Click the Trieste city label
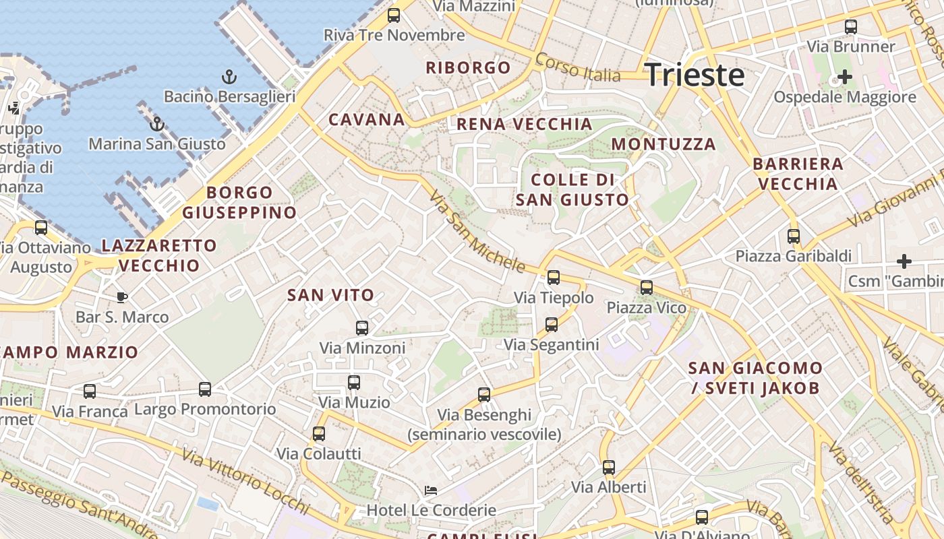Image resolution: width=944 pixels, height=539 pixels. point(695,74)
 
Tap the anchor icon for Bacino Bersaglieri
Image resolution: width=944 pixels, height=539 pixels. point(229,77)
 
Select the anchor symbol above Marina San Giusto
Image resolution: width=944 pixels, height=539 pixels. point(156,124)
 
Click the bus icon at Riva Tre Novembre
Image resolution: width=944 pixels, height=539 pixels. point(394,15)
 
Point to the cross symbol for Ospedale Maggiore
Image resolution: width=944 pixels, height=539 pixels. point(844,77)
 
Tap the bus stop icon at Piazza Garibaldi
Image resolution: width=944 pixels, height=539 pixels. point(794,236)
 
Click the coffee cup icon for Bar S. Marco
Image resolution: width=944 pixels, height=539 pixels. point(122,296)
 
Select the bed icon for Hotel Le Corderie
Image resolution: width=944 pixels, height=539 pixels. point(431,490)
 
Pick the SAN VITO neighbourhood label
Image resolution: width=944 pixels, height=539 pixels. point(330,295)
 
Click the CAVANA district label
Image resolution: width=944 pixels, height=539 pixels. point(367,120)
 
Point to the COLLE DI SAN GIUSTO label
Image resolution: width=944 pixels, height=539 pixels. point(572,190)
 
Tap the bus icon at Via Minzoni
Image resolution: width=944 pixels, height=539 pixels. point(362,328)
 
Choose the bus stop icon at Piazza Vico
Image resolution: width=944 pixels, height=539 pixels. point(646,288)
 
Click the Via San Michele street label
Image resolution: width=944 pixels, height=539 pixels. point(477,232)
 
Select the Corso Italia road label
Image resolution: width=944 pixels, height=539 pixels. point(577,67)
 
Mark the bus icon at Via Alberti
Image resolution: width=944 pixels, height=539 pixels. point(609,468)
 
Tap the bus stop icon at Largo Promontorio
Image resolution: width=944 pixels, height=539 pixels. point(205,389)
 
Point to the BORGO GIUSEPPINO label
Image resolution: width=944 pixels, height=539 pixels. point(239,203)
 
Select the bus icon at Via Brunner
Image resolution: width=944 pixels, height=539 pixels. point(851,27)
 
